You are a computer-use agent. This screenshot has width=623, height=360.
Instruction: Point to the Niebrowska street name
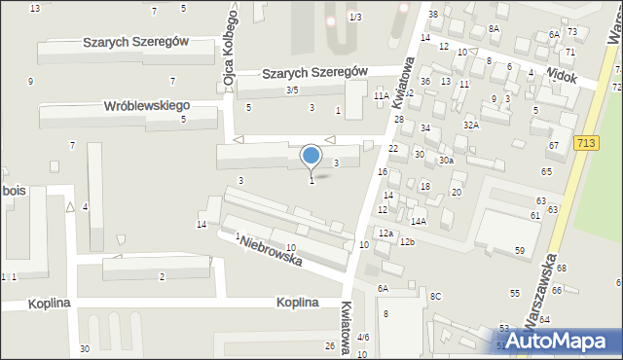(274, 252)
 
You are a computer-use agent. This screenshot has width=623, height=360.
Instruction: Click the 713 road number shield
(586, 143)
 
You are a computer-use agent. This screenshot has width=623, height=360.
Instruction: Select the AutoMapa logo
(556, 341)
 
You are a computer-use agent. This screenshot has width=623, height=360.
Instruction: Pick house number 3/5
(292, 90)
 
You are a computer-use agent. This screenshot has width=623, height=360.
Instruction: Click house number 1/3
(355, 18)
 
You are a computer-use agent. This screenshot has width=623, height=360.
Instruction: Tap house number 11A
(381, 96)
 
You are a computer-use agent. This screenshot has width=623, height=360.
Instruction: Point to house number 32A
(471, 125)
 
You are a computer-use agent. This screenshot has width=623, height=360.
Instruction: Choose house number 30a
(446, 160)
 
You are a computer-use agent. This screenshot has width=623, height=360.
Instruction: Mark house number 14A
(418, 222)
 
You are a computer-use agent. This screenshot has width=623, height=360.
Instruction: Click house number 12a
(386, 234)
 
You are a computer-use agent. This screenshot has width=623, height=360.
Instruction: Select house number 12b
(408, 241)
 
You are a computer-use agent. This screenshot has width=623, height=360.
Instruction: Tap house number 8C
(435, 296)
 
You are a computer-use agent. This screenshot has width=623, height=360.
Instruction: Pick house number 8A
(494, 29)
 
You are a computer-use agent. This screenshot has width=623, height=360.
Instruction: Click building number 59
(520, 251)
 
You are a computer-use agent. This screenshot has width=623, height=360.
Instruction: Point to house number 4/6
(363, 337)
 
